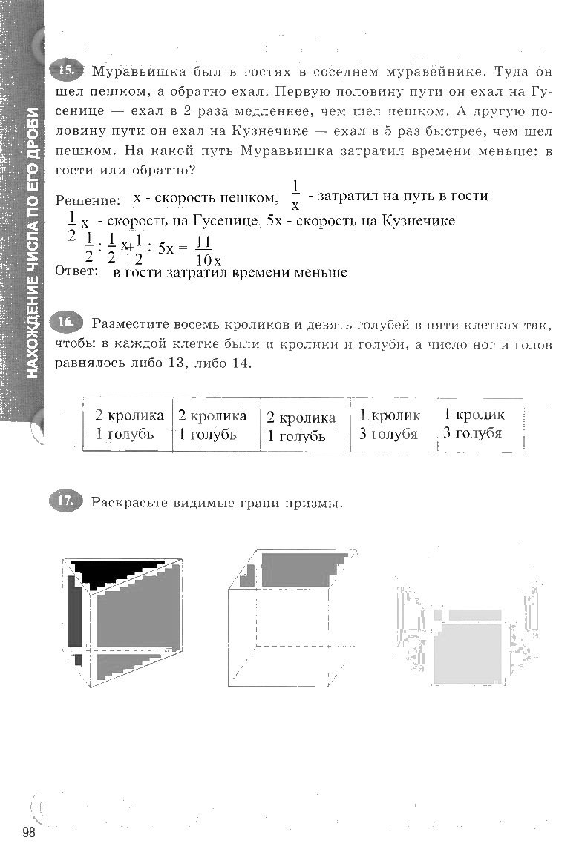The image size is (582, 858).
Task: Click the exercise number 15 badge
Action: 66,71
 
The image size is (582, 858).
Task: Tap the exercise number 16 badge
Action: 65,323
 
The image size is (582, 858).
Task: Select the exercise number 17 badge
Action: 65,501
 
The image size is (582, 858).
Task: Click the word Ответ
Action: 76,271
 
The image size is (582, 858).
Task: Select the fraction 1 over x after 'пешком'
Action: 295,196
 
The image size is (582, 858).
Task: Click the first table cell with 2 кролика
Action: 128,425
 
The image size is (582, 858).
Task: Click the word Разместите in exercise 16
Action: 131,324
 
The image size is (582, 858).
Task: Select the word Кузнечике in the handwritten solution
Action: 417,221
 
